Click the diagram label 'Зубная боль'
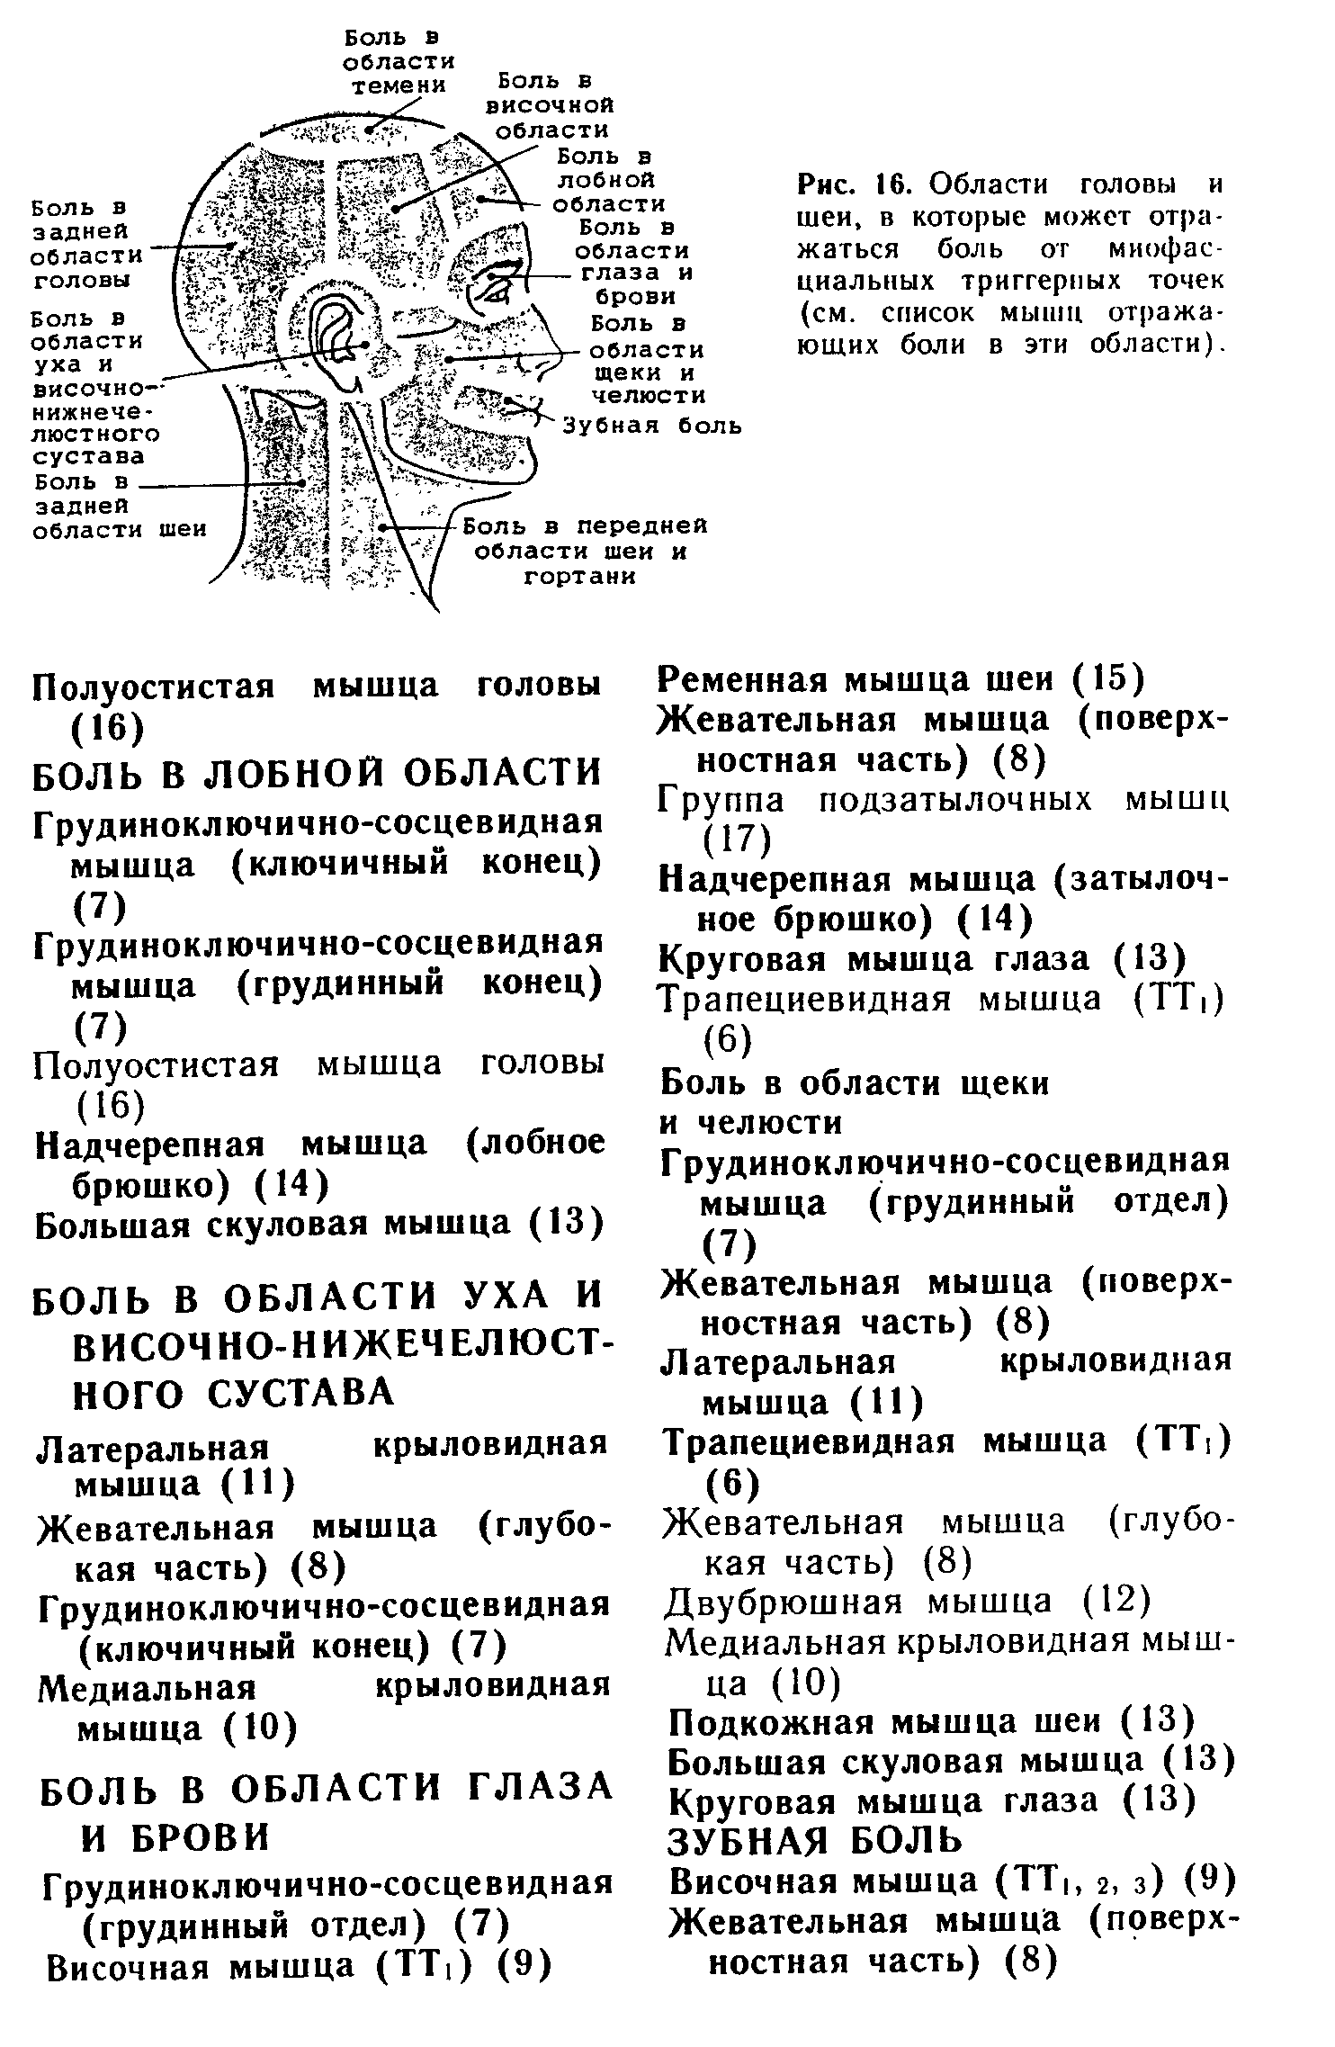(652, 425)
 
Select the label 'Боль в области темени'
(399, 62)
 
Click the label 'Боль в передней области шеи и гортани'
(589, 550)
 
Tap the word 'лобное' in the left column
(536, 1144)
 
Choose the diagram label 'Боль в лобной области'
(610, 182)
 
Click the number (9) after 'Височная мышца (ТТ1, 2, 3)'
(1209, 1881)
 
